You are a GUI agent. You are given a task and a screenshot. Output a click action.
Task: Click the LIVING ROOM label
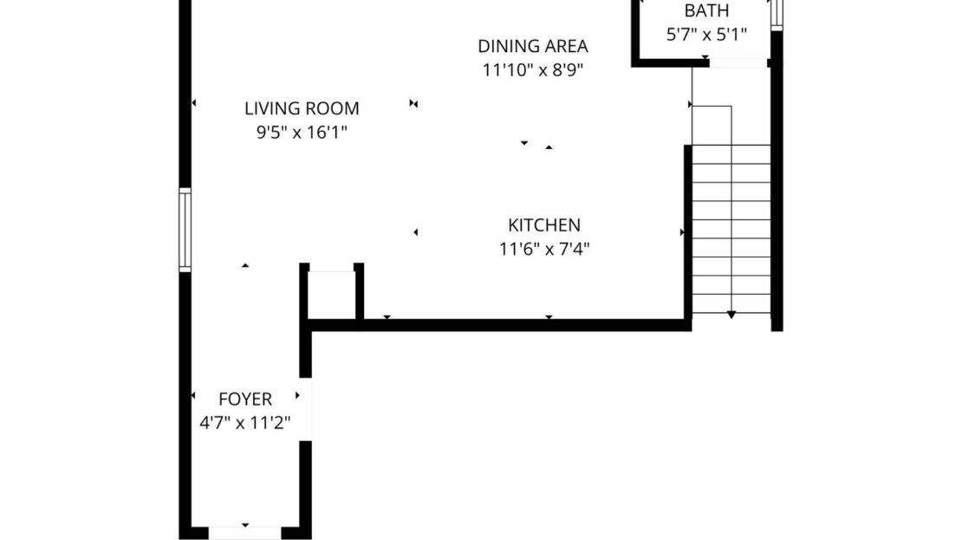point(302,108)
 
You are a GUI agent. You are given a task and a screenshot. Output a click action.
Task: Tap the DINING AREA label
point(533,46)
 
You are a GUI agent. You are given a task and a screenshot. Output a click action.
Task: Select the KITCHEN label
point(544,225)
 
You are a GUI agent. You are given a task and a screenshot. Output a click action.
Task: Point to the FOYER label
point(245,400)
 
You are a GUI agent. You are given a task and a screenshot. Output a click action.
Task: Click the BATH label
point(706,11)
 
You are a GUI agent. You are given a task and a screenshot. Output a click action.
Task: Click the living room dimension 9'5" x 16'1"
point(302,133)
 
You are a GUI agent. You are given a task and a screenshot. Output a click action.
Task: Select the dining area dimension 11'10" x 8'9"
point(533,70)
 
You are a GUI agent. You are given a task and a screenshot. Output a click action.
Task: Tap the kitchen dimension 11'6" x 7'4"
point(544,250)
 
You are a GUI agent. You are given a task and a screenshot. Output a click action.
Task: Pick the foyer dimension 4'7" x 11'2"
point(245,424)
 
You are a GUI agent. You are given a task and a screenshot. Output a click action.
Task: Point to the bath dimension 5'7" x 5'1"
point(706,36)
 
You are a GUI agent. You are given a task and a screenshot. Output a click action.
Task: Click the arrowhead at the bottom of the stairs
point(731,315)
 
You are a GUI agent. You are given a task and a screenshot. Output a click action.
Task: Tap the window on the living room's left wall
point(185,230)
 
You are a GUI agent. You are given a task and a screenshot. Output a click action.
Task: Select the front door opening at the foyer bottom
point(245,531)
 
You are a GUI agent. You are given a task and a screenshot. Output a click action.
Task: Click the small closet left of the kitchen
point(332,295)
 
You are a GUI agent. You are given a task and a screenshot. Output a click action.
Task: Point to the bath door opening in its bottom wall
point(738,62)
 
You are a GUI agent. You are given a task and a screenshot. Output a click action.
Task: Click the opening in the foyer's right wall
point(305,409)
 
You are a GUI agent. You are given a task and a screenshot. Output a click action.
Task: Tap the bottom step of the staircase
point(731,304)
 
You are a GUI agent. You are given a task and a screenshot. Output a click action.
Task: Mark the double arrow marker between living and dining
point(414,104)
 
